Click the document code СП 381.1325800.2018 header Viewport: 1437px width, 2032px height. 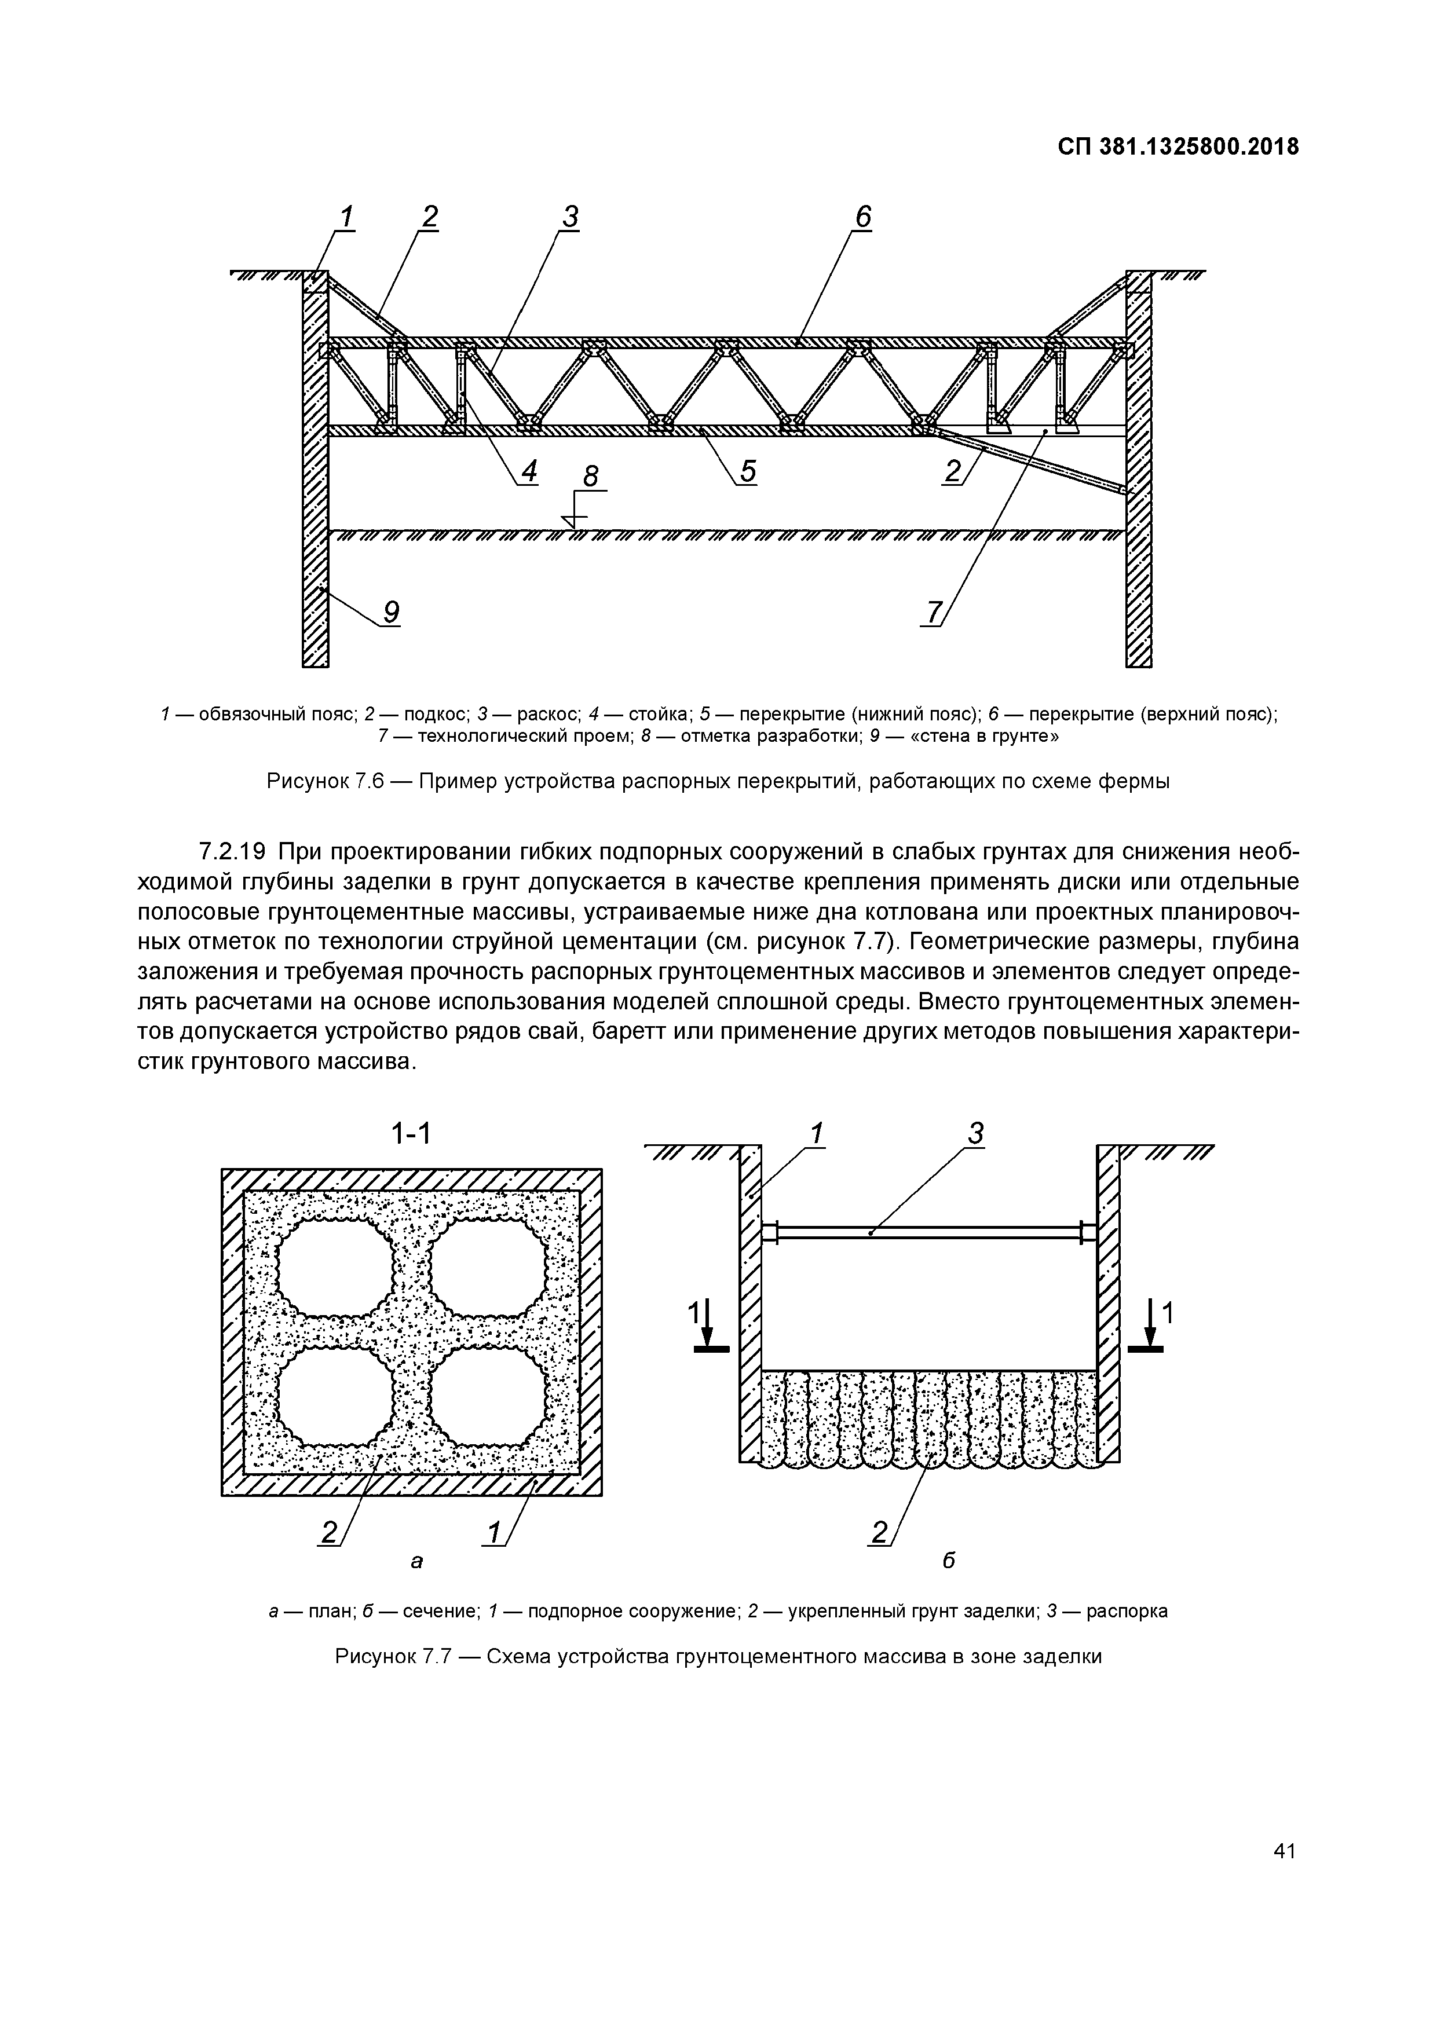coord(1178,147)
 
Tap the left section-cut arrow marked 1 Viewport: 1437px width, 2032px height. coord(705,1327)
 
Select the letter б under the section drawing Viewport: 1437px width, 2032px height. coord(948,1559)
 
